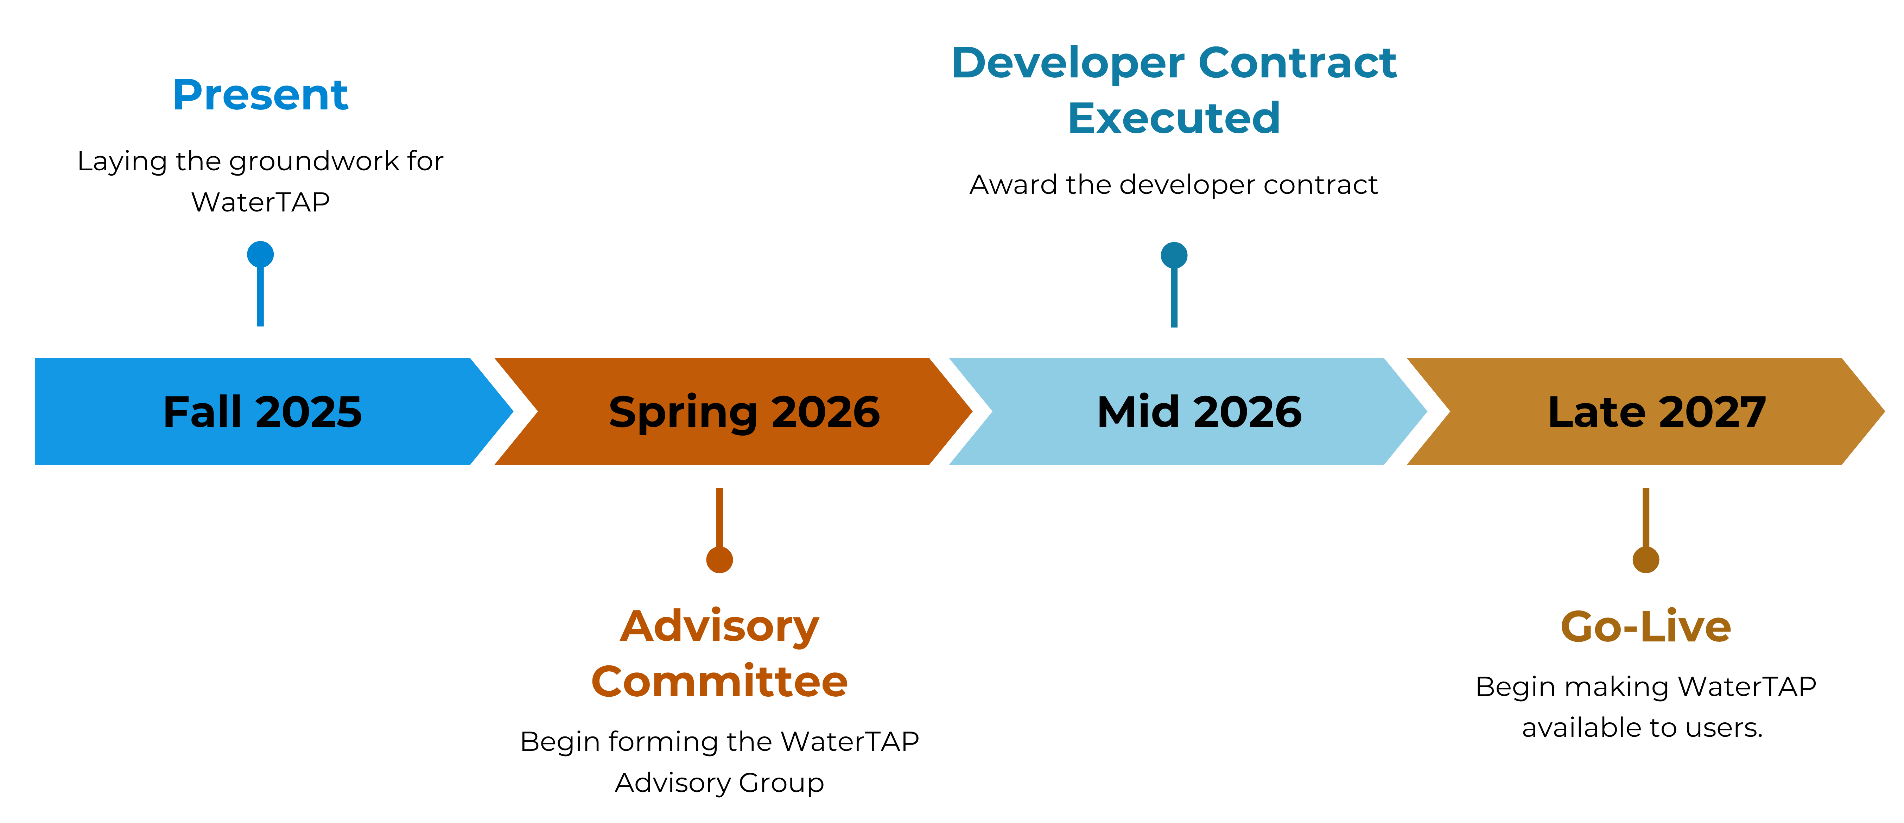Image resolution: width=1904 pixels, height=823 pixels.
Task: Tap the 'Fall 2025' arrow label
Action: point(262,412)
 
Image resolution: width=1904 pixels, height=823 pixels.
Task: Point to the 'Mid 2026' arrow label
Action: point(1199,412)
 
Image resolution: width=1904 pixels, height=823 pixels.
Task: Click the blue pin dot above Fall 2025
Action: point(260,254)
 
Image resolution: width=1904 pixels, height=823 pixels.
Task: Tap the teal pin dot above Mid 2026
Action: point(1174,255)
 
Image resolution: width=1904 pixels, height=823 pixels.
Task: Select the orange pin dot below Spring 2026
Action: point(719,560)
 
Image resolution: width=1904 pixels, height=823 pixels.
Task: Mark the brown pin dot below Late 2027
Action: point(1645,560)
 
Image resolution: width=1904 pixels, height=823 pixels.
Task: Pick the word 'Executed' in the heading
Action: point(1174,118)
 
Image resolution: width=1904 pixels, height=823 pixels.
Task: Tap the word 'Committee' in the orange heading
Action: point(719,681)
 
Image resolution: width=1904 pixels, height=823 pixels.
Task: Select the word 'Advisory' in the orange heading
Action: point(719,627)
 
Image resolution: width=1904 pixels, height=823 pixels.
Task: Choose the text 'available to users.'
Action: point(1642,728)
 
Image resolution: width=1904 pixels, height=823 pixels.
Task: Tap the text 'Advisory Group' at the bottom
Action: point(719,782)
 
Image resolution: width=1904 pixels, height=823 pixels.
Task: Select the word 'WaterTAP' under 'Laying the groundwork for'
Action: point(260,202)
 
